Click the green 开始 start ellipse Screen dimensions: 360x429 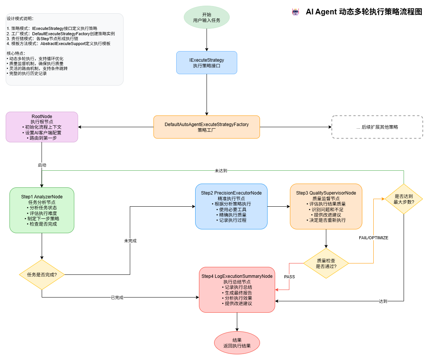[207, 17]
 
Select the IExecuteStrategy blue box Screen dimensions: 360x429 [207, 62]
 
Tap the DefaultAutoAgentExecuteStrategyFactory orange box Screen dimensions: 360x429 [207, 127]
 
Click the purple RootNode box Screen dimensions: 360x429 [42, 127]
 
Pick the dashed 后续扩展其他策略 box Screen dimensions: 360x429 [377, 127]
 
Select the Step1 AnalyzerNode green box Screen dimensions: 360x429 [42, 210]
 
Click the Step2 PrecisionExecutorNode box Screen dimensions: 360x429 [231, 206]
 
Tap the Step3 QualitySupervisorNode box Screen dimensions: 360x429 [326, 206]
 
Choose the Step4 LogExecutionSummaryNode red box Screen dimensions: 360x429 [237, 290]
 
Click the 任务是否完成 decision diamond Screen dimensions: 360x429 [42, 274]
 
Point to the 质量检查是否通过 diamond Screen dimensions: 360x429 [326, 263]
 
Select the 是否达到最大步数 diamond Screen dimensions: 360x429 [404, 199]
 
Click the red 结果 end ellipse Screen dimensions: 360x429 [237, 343]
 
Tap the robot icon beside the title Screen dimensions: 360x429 [296, 12]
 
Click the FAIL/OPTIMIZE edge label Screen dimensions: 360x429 [373, 238]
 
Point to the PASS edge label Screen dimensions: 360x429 [290, 277]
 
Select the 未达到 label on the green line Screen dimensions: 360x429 [221, 171]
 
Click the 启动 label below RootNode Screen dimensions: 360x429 [42, 165]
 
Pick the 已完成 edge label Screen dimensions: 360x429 [117, 298]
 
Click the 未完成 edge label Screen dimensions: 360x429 [130, 241]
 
